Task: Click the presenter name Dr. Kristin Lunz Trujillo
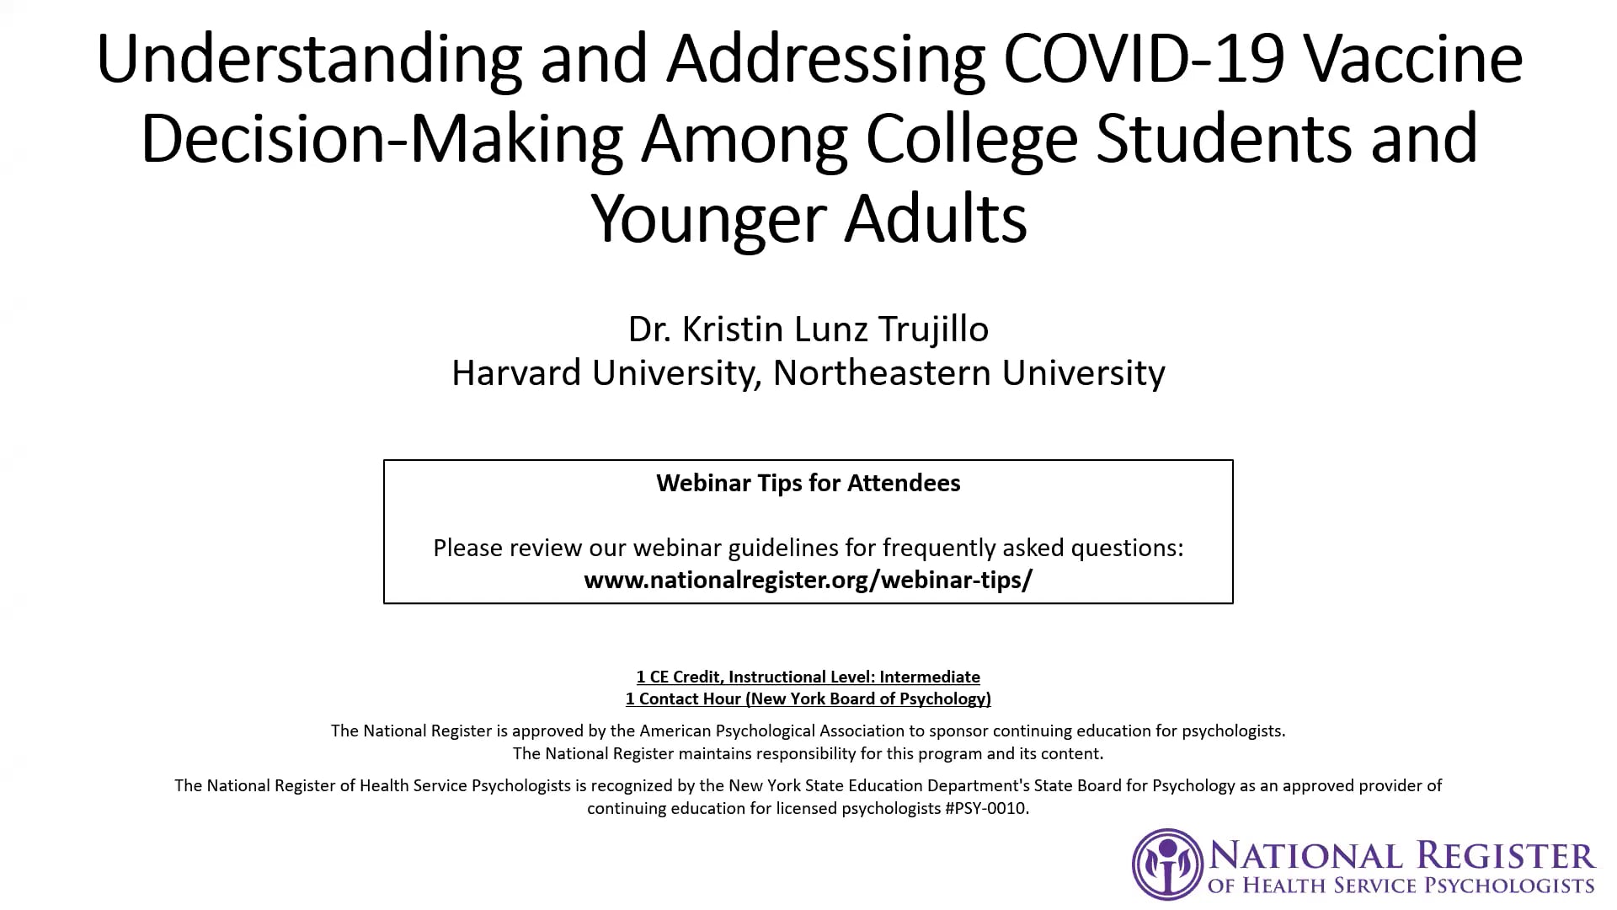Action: coord(808,329)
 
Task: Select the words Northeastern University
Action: coord(969,373)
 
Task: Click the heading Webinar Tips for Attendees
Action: coord(808,483)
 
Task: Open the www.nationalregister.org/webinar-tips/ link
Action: coord(808,580)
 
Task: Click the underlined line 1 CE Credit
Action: coord(808,677)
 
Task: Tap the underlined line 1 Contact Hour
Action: coord(808,699)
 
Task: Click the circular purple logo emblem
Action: coord(1167,864)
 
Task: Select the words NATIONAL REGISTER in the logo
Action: coord(1402,856)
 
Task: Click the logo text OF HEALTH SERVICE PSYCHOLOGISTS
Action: coord(1401,886)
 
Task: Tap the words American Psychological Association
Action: coord(782,731)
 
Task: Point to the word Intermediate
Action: coord(930,677)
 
